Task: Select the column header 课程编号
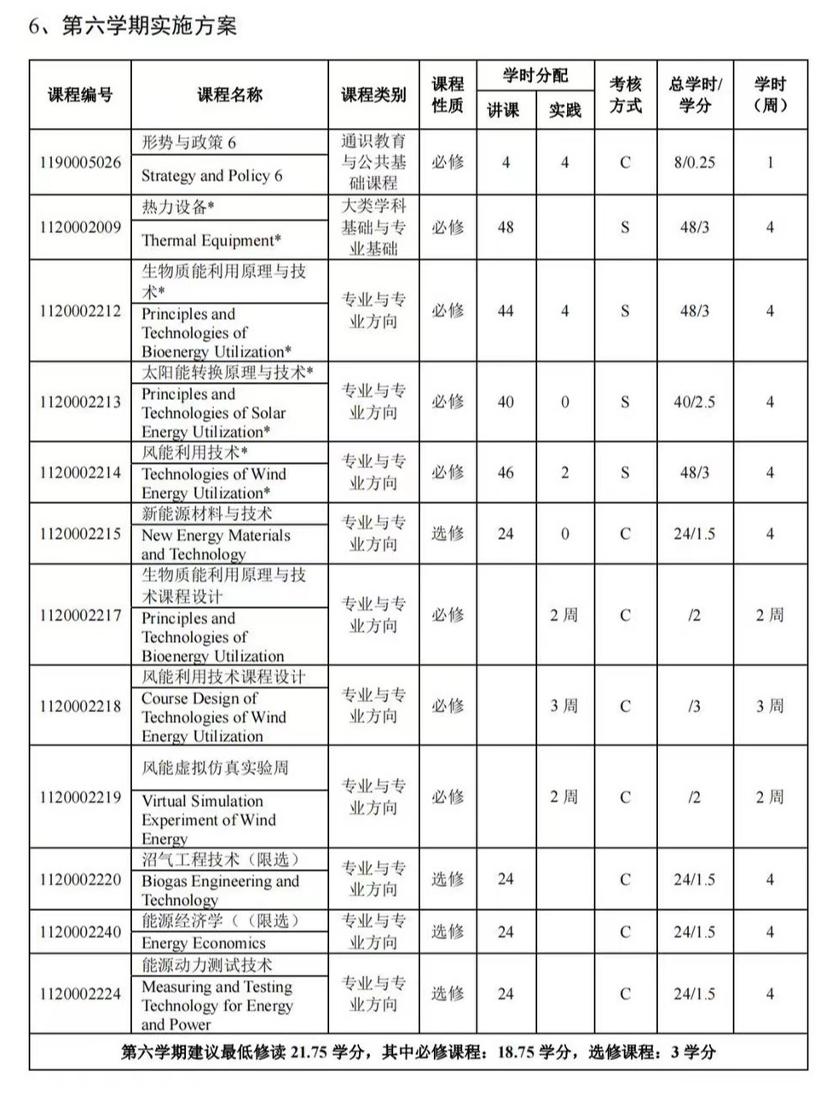[80, 95]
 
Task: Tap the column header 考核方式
[625, 95]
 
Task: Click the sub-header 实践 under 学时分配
[564, 109]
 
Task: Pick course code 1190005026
[80, 162]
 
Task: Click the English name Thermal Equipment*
[211, 240]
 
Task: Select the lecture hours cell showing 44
[506, 310]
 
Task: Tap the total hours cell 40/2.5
[694, 402]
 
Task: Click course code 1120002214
[80, 472]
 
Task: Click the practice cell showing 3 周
[563, 706]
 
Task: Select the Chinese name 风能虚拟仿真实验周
[215, 768]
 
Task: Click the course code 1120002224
[80, 994]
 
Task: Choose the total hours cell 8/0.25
[694, 162]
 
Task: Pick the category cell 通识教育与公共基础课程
[373, 162]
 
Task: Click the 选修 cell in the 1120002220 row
[447, 879]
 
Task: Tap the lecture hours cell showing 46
[506, 472]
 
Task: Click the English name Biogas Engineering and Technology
[220, 890]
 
